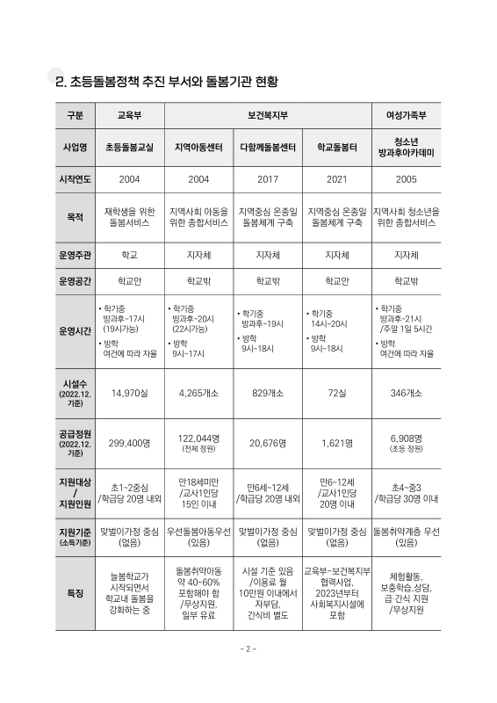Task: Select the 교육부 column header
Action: [x=130, y=115]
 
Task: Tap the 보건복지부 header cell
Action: [x=268, y=115]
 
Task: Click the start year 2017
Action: [x=268, y=179]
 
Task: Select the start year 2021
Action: [x=336, y=179]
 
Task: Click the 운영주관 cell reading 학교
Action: [x=130, y=255]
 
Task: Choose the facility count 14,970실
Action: [x=130, y=394]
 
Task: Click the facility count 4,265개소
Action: [x=199, y=394]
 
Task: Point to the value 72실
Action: [x=336, y=394]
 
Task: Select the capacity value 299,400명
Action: [x=130, y=445]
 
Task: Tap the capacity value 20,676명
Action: [x=268, y=445]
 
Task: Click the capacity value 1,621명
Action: [x=336, y=445]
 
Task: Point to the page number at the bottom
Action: [x=248, y=675]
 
